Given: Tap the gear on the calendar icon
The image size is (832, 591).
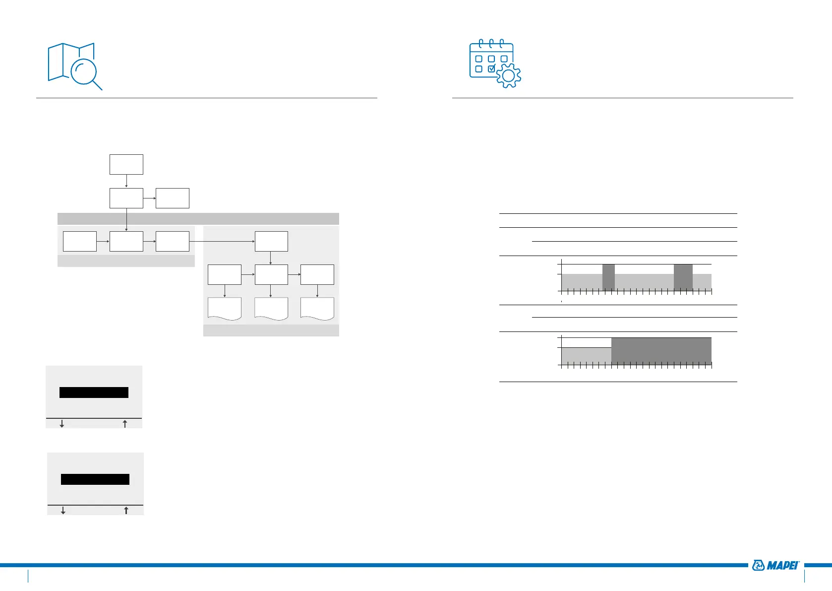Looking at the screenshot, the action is tap(508, 76).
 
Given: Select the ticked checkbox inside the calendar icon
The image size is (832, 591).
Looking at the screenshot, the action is tap(491, 69).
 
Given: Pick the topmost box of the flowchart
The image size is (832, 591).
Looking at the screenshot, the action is tap(126, 164).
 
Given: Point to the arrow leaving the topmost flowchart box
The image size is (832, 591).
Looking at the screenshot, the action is tap(126, 181).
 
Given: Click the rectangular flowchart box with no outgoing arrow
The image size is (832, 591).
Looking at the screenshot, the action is tap(173, 198).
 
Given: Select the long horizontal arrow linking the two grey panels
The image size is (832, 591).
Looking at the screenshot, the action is tap(222, 241).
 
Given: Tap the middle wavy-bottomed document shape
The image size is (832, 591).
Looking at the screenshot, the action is tap(271, 309).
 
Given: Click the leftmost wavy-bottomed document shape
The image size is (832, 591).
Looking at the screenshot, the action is tap(225, 309).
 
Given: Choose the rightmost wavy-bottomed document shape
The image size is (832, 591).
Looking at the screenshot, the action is tap(317, 309).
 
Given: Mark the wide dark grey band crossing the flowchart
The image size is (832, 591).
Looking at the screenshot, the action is tap(198, 219).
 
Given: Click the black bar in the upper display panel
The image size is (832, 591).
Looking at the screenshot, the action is tap(94, 393).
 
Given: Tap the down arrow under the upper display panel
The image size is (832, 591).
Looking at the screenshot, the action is tap(62, 424).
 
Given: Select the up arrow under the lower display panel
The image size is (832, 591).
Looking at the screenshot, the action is tap(126, 510).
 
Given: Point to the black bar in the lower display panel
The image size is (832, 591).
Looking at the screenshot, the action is tap(95, 479).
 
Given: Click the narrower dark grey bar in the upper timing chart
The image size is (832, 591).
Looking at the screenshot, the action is tap(608, 277).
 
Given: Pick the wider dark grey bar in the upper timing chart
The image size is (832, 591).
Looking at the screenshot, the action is tap(683, 277).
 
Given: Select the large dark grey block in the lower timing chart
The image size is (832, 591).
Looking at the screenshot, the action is tap(661, 351).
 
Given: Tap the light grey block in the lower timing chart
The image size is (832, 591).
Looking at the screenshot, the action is tap(586, 356).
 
